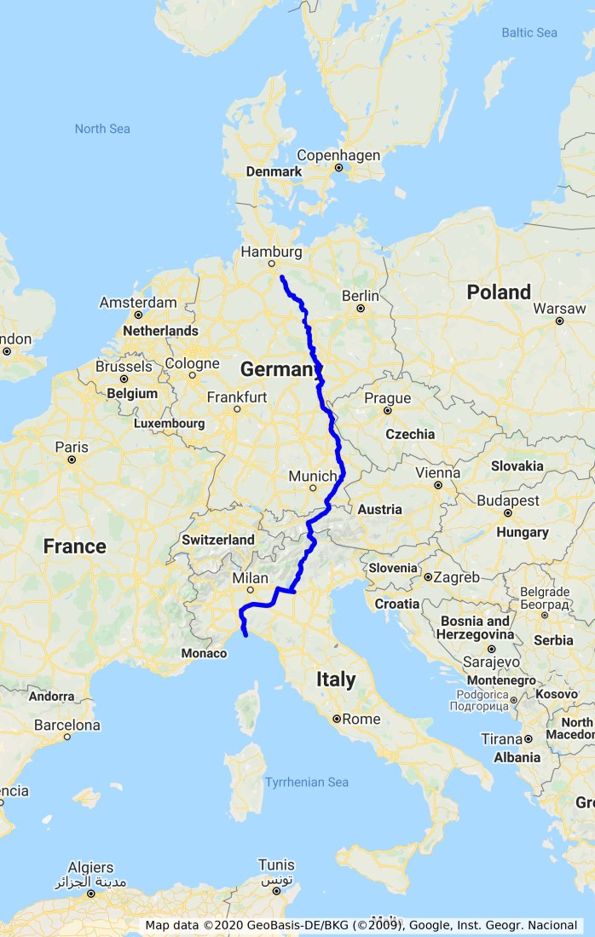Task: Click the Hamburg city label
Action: (271, 252)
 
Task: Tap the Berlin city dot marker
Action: (361, 309)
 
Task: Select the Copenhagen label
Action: (338, 155)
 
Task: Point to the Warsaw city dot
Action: (559, 321)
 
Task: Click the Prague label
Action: (387, 398)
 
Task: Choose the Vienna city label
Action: (437, 472)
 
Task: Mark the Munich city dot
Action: (313, 489)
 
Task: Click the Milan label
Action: (250, 579)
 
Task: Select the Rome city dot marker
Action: (337, 719)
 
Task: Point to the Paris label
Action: (72, 447)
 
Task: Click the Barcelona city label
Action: (67, 725)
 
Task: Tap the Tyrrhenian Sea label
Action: (307, 782)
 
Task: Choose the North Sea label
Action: (102, 129)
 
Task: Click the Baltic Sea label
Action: (529, 32)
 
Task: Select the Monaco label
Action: (204, 653)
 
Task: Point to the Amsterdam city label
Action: (138, 303)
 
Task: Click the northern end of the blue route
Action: (281, 277)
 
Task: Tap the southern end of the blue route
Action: (246, 635)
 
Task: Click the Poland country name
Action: (499, 292)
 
